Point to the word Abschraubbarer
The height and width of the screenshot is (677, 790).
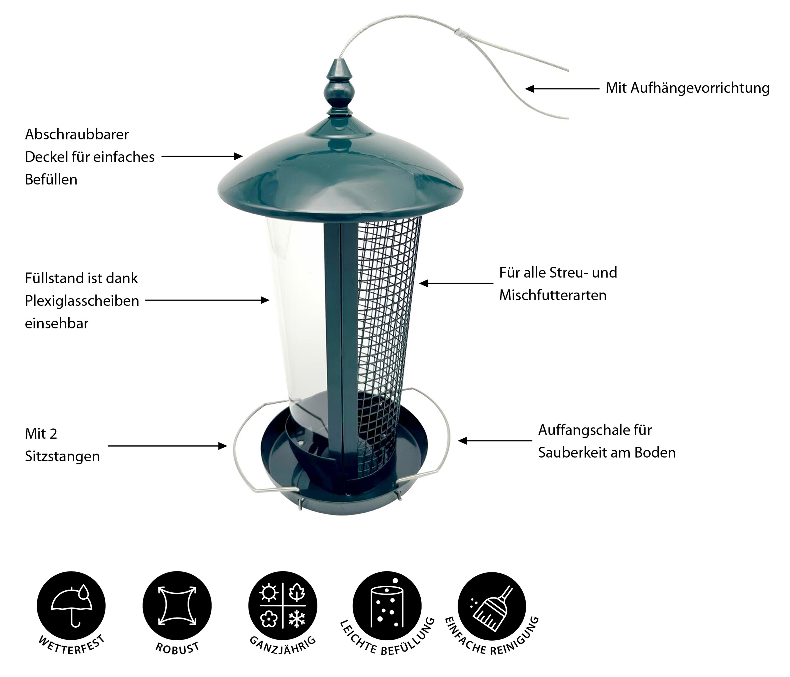(x=77, y=134)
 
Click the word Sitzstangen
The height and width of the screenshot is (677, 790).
(x=63, y=456)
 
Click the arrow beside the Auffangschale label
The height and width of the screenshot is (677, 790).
(x=495, y=441)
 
